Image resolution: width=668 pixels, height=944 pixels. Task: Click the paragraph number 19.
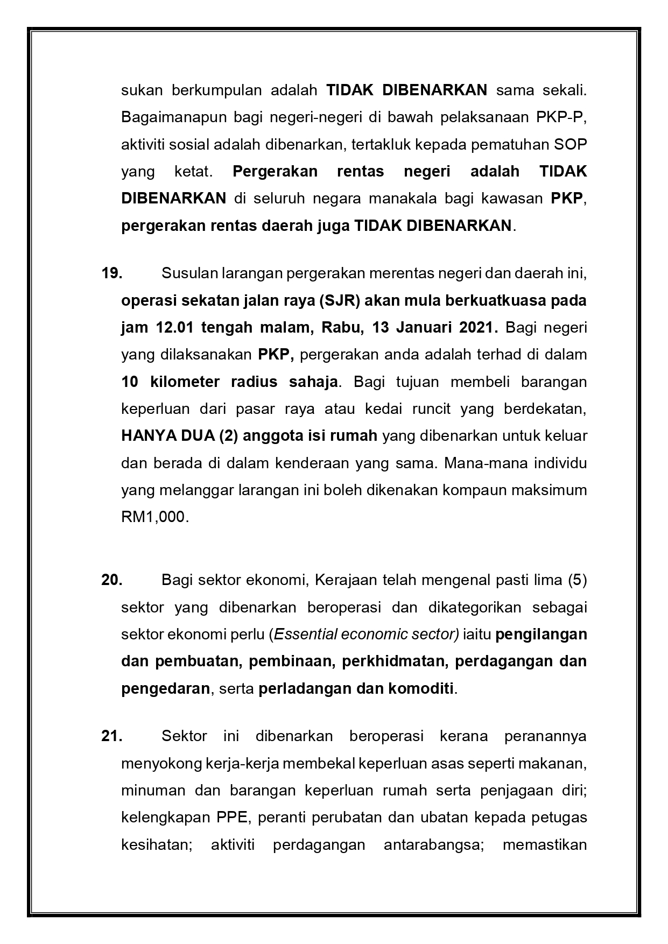tap(111, 273)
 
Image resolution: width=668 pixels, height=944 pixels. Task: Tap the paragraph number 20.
tap(111, 580)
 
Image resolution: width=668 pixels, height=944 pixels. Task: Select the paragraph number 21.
tap(111, 736)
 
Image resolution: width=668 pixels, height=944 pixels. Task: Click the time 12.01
tap(174, 328)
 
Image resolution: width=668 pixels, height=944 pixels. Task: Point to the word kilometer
tap(185, 382)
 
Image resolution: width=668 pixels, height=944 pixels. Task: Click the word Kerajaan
tap(346, 580)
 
